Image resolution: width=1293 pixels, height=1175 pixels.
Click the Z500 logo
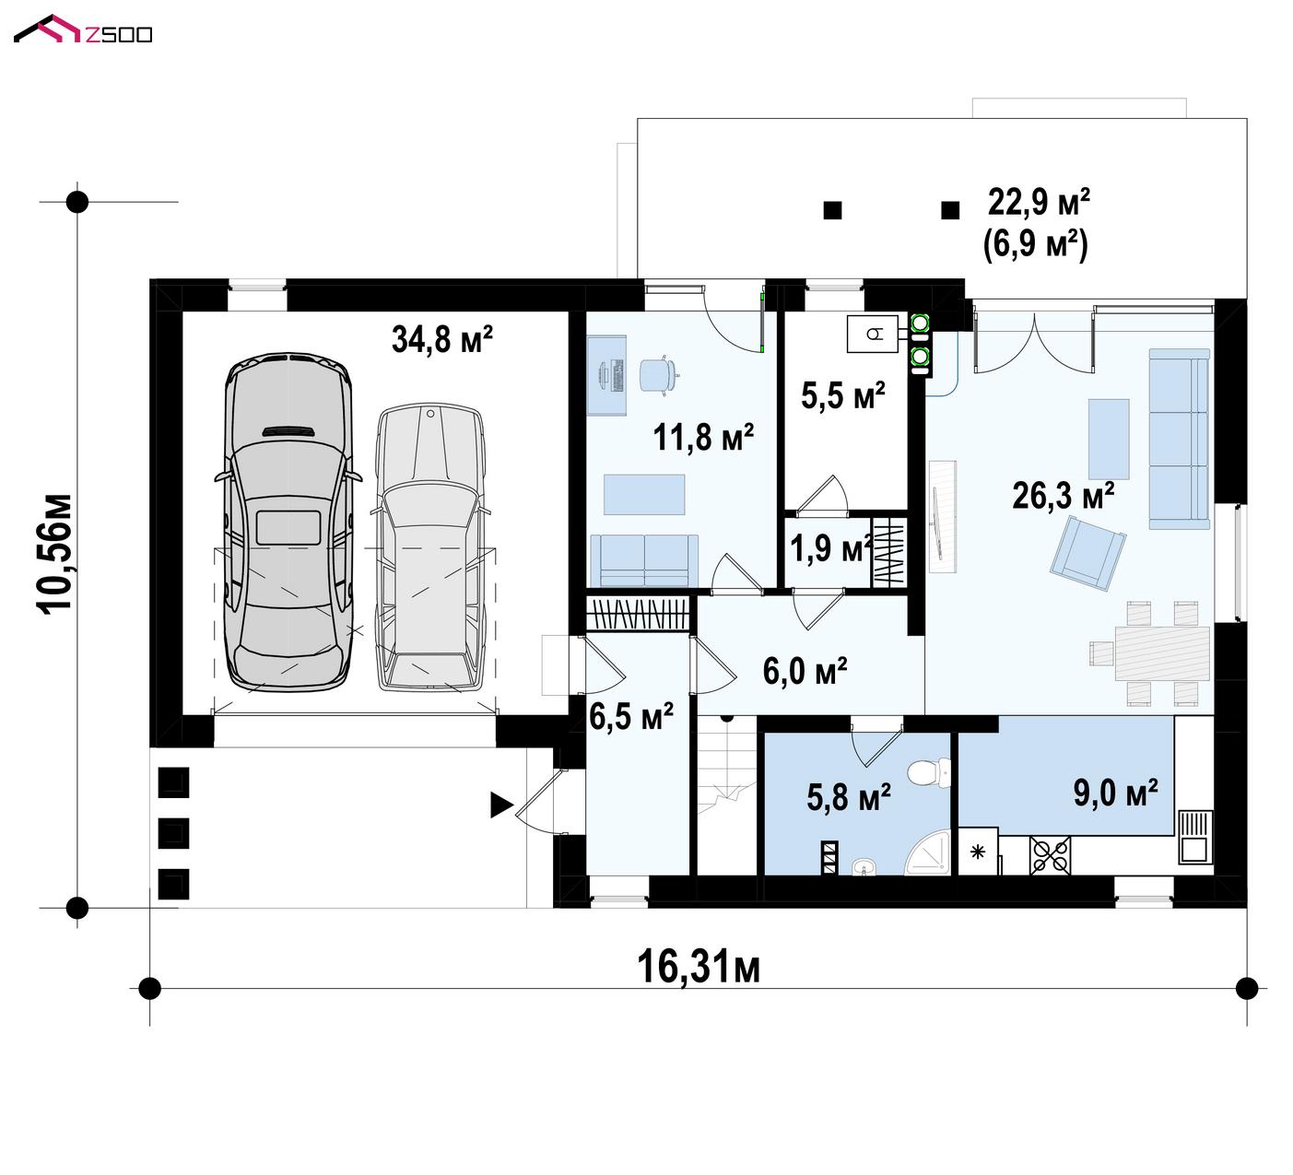coord(83,30)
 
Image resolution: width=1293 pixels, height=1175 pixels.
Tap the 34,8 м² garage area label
coord(441,339)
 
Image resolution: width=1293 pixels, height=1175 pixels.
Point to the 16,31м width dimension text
coord(698,967)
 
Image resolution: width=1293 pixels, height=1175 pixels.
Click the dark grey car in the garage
coord(288,523)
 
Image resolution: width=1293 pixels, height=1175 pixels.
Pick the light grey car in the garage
coord(430,547)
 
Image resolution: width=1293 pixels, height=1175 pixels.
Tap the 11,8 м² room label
coord(703,437)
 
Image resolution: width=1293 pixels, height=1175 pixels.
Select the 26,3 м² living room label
coord(1063,495)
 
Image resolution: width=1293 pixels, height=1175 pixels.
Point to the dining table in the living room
coord(1162,652)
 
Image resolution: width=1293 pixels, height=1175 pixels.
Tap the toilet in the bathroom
coord(929,772)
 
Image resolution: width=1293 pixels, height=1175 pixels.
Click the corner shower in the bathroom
coord(929,852)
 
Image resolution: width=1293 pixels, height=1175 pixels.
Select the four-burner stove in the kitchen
coord(1050,855)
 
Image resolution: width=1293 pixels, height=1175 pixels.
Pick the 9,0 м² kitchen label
coord(1115,793)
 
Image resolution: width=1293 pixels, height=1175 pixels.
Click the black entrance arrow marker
coord(501,805)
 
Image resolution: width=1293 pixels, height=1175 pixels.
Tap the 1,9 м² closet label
coord(831,549)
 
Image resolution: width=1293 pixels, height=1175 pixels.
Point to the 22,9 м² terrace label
coord(1039,203)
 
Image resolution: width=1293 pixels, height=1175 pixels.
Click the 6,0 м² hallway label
coord(805,671)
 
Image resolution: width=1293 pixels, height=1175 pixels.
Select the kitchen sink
coord(1195,837)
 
